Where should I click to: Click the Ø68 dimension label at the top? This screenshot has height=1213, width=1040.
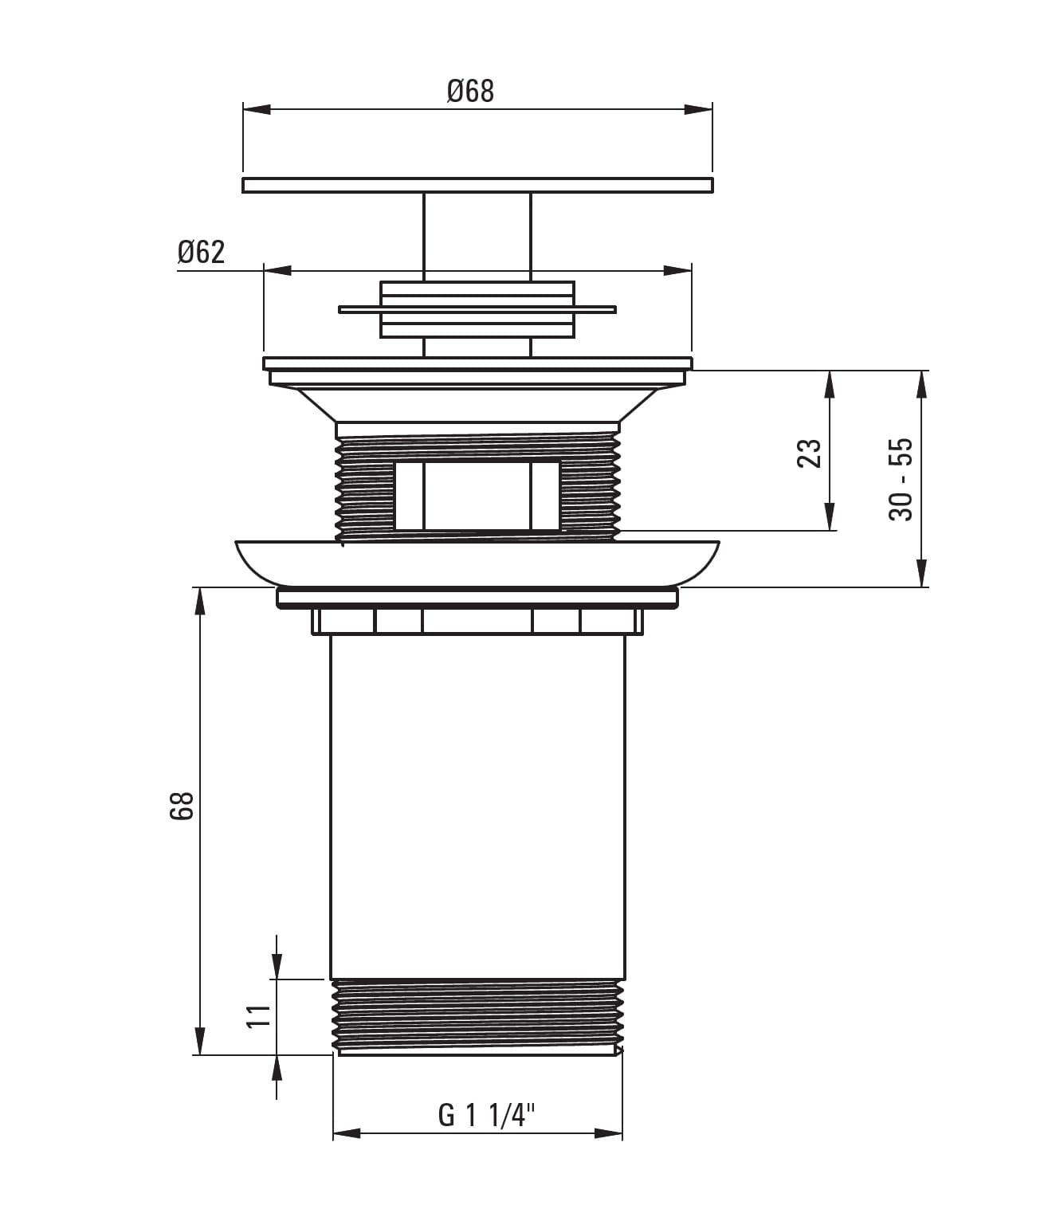coord(470,92)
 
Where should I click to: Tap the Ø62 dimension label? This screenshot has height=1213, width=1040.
coord(202,253)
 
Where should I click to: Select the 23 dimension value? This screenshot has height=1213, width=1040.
coord(809,453)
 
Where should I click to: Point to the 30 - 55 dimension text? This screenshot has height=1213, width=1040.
coord(901,479)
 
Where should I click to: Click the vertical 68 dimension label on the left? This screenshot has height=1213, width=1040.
coord(182,806)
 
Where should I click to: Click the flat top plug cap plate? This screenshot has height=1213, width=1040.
coord(477,185)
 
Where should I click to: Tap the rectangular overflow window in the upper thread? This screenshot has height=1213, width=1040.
coord(477,496)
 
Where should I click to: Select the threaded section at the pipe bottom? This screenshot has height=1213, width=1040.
coord(477,1016)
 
